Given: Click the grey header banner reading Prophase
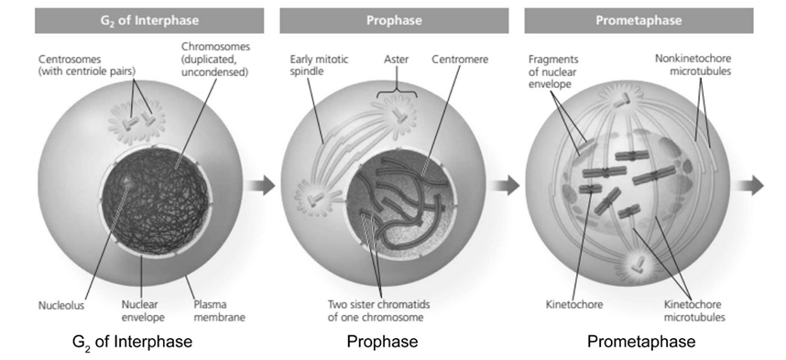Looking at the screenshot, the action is tap(394, 20).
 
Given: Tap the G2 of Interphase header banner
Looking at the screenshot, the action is tap(149, 20).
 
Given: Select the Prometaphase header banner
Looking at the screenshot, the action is tap(639, 20).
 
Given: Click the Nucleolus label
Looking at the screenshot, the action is tap(61, 305).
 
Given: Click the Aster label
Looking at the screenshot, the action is tap(396, 60).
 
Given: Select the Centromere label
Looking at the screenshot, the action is tap(460, 60).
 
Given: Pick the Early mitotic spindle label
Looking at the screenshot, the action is tap(320, 65).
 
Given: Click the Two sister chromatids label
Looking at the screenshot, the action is tap(378, 311).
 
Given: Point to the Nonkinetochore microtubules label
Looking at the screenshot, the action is tap(693, 65).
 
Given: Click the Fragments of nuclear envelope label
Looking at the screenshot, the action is tap(553, 71).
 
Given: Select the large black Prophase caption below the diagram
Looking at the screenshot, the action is tap(383, 342).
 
